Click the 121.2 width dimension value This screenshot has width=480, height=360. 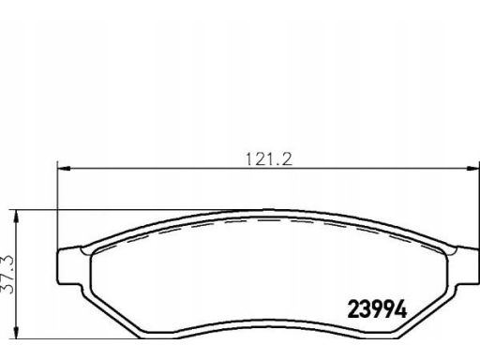click(269, 159)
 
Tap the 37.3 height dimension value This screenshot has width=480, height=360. click(7, 274)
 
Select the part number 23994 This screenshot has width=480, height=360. click(377, 308)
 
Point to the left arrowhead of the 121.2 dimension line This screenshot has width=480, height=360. click(64, 169)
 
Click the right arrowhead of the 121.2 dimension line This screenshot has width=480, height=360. click(472, 169)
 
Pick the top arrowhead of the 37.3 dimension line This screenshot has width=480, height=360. click(17, 216)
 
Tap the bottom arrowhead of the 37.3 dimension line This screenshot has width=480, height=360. click(17, 333)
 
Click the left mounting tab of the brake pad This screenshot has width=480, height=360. click(69, 265)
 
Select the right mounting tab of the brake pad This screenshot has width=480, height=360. click(467, 265)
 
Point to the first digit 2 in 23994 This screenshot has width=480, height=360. click(353, 308)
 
